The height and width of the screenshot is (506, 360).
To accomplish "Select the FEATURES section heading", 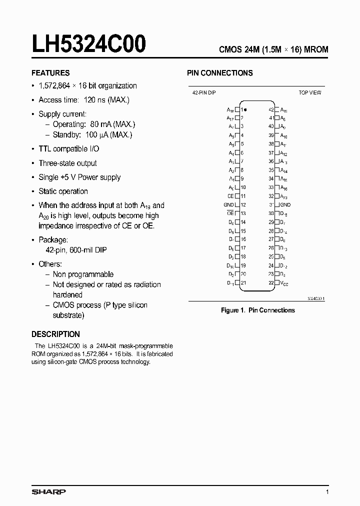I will (x=50, y=73).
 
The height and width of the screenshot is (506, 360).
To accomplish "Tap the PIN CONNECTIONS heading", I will (x=219, y=73).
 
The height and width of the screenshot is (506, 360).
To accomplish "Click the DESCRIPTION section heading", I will (x=55, y=334).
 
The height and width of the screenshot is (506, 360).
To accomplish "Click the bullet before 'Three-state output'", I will (x=33, y=163).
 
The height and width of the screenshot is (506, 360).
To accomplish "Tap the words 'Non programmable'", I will (x=83, y=274).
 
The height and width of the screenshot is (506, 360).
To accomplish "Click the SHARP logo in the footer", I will (x=49, y=492).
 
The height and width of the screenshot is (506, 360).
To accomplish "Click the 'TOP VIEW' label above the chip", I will (x=310, y=92).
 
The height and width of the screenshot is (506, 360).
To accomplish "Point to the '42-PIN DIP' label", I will (x=203, y=92).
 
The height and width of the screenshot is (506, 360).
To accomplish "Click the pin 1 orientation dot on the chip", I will (x=245, y=109).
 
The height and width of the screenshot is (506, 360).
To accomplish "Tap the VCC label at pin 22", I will (x=284, y=283).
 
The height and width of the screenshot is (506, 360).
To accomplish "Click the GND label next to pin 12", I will (x=228, y=204).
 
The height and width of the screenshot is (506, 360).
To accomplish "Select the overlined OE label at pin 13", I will (x=230, y=213).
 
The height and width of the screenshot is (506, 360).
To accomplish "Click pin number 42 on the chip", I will (x=271, y=109).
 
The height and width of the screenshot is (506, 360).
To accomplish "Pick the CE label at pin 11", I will (x=230, y=196).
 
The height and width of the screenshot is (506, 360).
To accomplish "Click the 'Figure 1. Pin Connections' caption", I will (x=257, y=310).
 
